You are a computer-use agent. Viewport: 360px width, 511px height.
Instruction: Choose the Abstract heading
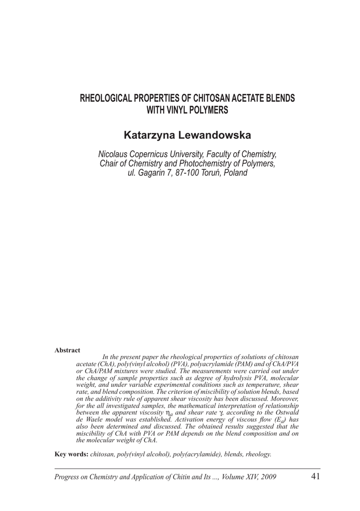point(67,350)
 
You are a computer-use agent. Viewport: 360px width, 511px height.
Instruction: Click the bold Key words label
point(71,454)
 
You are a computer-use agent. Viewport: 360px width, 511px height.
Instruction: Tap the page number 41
point(315,477)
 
